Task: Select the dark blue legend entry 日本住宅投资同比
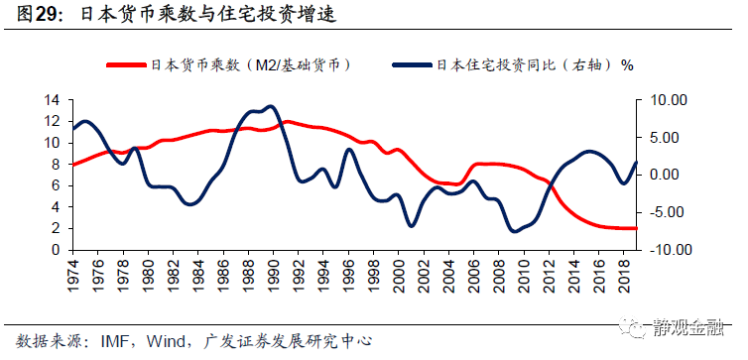[x=515, y=65]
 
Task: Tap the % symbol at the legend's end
[x=626, y=65]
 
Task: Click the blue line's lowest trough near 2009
[x=514, y=231]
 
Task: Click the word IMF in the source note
[x=111, y=341]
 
